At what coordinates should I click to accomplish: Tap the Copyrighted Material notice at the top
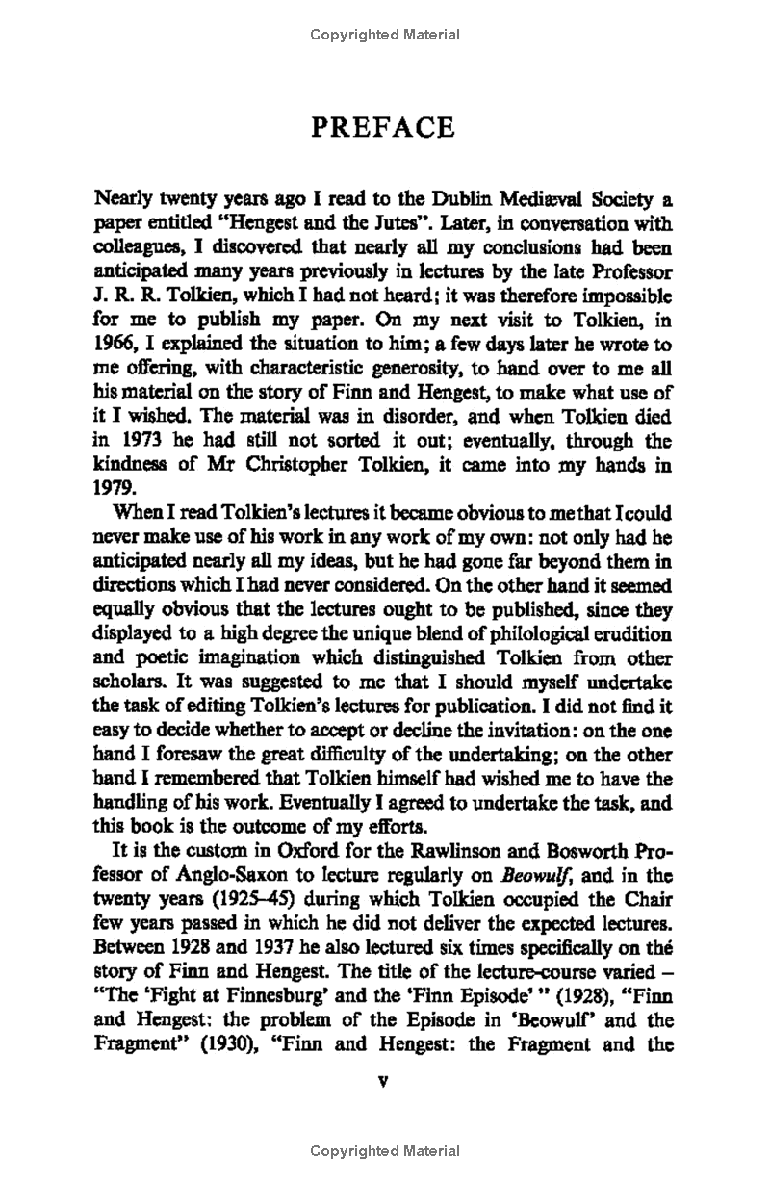pyautogui.click(x=384, y=35)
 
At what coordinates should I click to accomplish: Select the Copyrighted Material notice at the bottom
pyautogui.click(x=384, y=1151)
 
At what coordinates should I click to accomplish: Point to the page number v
pyautogui.click(x=384, y=1080)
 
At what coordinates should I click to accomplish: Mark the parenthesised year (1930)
pyautogui.click(x=232, y=1044)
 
